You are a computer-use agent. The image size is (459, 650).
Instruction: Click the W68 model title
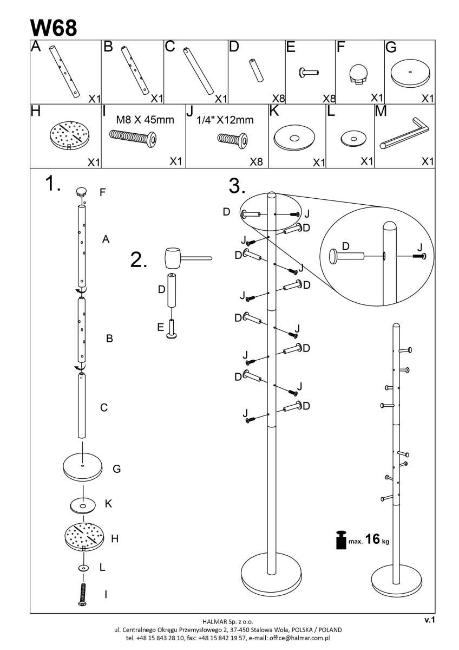coord(54,28)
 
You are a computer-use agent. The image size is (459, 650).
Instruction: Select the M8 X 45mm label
coord(145,120)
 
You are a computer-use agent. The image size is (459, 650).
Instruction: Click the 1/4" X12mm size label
coord(225,120)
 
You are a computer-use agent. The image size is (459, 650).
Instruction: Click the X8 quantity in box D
coord(278,99)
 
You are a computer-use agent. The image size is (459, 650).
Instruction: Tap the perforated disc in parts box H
coord(70,135)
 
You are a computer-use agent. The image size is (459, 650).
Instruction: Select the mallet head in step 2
coord(173,258)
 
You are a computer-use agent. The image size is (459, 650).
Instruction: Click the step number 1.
coord(53,184)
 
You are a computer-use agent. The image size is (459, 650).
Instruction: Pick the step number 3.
coord(237,186)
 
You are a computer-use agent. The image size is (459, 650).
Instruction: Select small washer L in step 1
coord(83,568)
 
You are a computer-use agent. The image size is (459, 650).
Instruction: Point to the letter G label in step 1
coord(116,469)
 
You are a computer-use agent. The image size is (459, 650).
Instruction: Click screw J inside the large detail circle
coord(419,256)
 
